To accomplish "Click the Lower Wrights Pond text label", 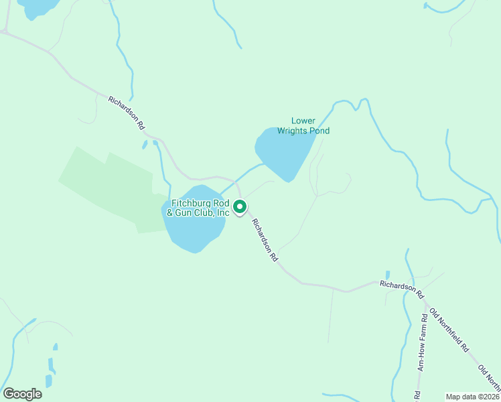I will pyautogui.click(x=303, y=125).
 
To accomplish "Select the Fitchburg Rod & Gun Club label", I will pyautogui.click(x=200, y=208).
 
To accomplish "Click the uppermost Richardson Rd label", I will pyautogui.click(x=127, y=112).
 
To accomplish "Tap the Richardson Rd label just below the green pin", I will pyautogui.click(x=264, y=239).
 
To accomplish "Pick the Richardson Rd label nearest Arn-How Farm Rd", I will pyautogui.click(x=402, y=289).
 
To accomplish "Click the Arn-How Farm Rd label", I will pyautogui.click(x=422, y=342).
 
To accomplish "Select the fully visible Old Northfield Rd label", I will pyautogui.click(x=450, y=331).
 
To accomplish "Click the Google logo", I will pyautogui.click(x=22, y=394).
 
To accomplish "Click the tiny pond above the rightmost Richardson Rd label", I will pyautogui.click(x=387, y=275).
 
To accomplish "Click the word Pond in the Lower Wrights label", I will pyautogui.click(x=319, y=131).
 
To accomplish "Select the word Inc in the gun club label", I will pyautogui.click(x=222, y=212).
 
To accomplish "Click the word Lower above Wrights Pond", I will pyautogui.click(x=303, y=121).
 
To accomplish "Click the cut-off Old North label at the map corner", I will pyautogui.click(x=489, y=378).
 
